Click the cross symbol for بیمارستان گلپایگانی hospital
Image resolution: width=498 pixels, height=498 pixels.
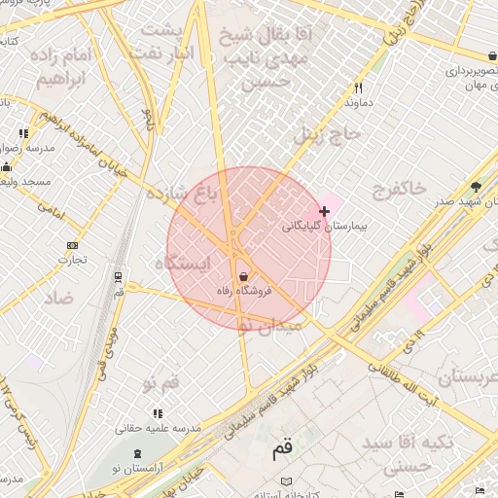point(324,211)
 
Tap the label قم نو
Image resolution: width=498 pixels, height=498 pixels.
point(161,384)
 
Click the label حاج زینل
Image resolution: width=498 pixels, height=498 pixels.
point(328,133)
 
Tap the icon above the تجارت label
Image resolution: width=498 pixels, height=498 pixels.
point(72,245)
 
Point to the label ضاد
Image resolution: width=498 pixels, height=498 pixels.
point(57,298)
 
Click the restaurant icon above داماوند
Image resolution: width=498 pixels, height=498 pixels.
point(359,87)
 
